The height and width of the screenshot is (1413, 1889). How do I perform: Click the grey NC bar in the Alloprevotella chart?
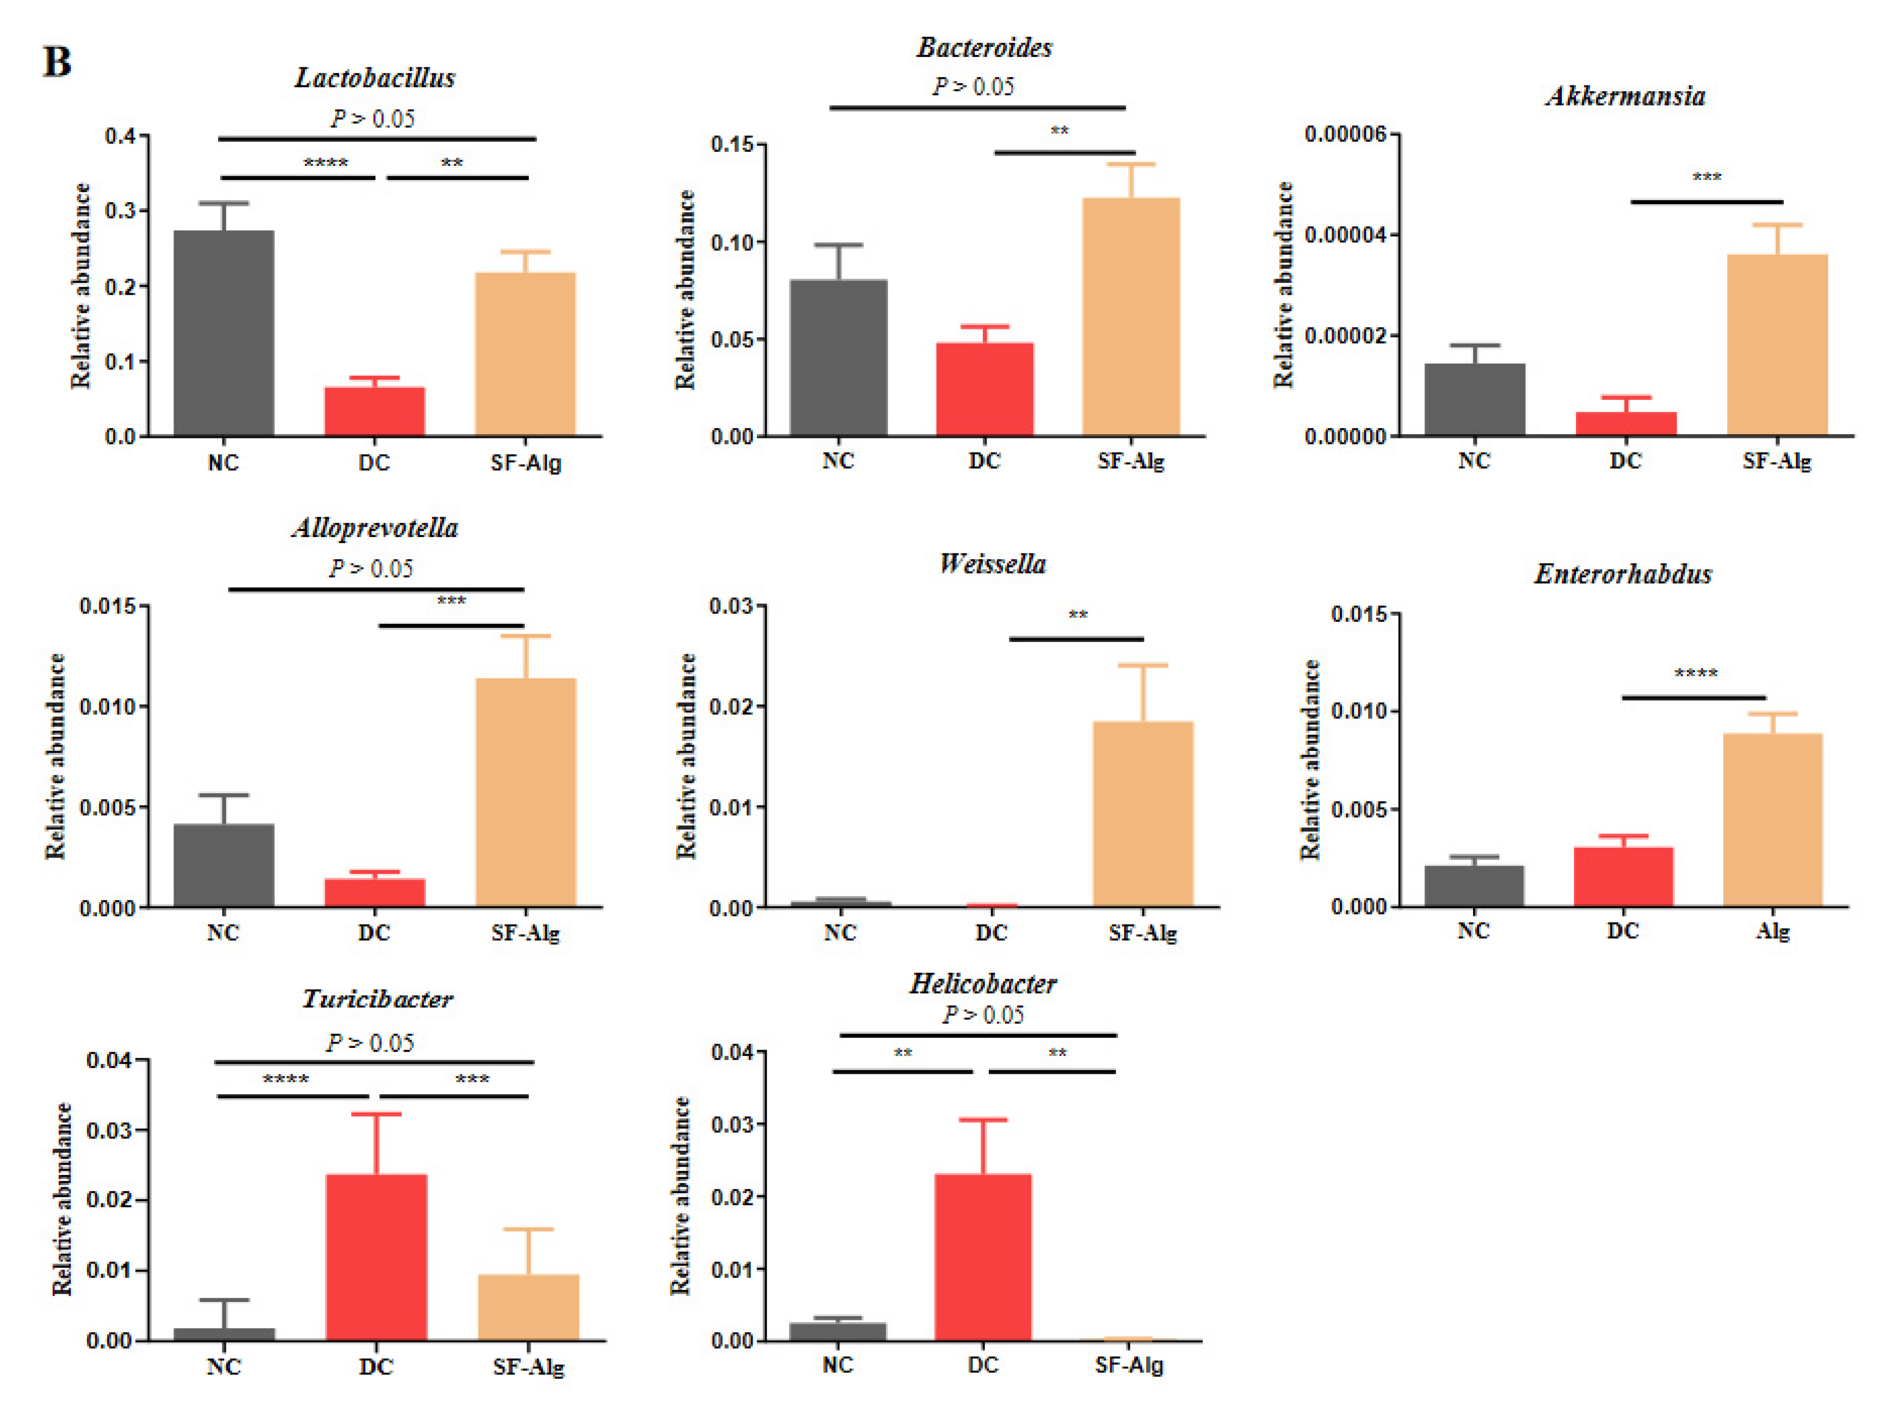pyautogui.click(x=224, y=865)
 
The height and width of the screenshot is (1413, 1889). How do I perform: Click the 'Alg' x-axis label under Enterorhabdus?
pyautogui.click(x=1772, y=930)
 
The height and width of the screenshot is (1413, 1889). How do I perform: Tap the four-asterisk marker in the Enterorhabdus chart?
pyautogui.click(x=1695, y=674)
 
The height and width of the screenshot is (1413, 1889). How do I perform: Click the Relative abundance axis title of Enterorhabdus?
pyautogui.click(x=1309, y=760)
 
